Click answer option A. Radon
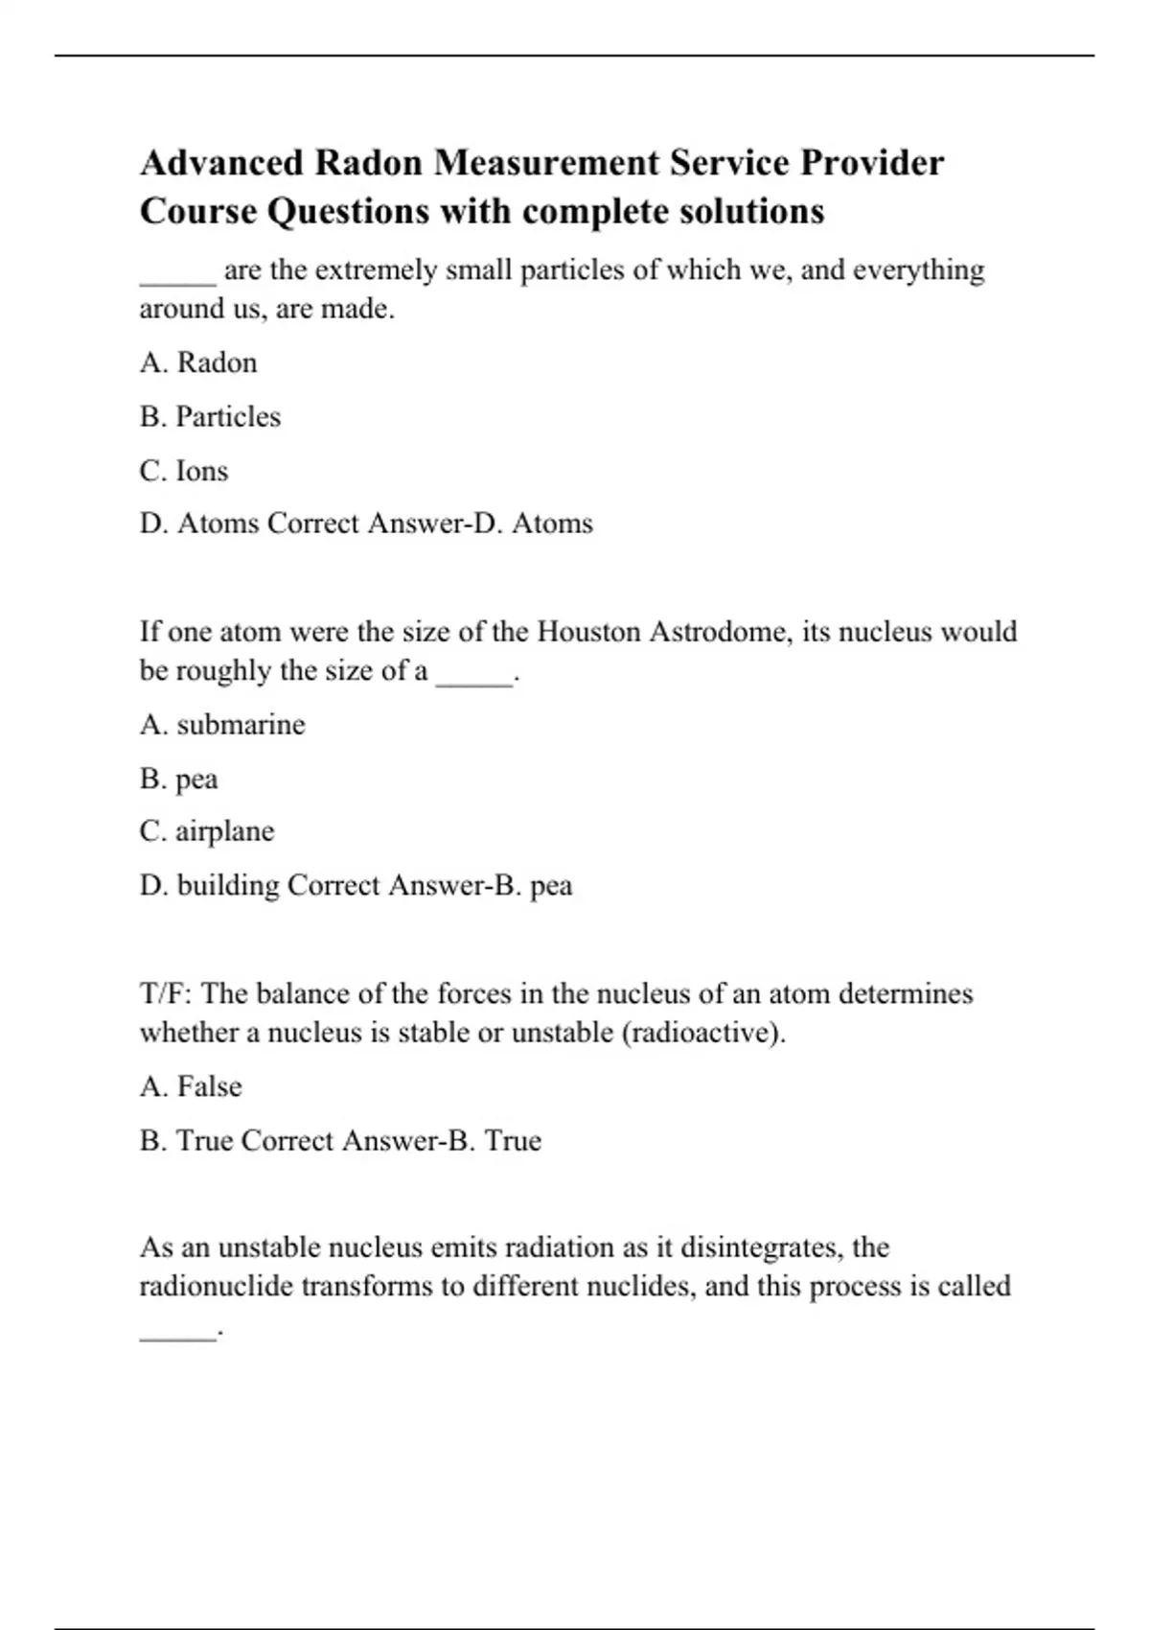(x=198, y=362)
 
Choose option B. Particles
(x=210, y=417)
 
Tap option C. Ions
(x=184, y=471)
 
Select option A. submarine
(x=222, y=725)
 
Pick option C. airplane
(x=207, y=831)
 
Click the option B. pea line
(x=179, y=779)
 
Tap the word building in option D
(x=228, y=885)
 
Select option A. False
(x=191, y=1086)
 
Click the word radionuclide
(x=216, y=1286)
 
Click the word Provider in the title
(x=872, y=163)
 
